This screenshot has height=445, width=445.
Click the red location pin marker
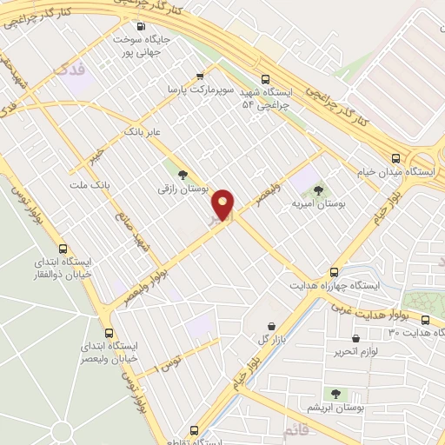click(223, 203)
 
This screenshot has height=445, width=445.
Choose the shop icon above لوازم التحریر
click(355, 337)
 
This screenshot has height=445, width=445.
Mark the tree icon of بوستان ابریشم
click(335, 393)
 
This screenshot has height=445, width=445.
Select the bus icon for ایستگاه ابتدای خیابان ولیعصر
click(109, 332)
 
